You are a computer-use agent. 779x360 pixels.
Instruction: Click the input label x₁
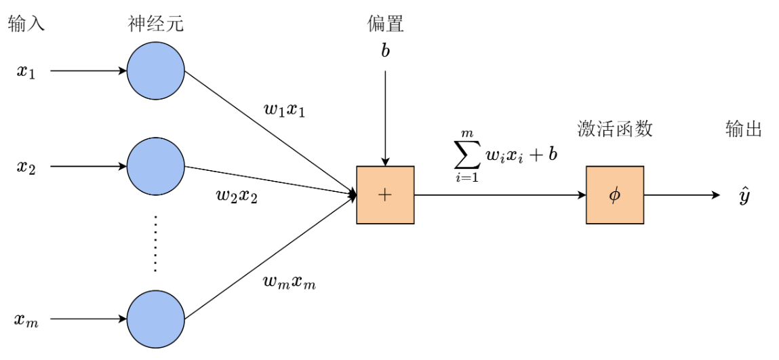(x=26, y=71)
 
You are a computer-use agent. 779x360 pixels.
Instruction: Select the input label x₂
(x=26, y=167)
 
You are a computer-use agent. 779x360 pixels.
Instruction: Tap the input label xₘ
(x=27, y=319)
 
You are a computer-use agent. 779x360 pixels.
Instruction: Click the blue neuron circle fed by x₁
(x=155, y=71)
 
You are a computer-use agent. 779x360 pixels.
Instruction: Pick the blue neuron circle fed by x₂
(x=155, y=167)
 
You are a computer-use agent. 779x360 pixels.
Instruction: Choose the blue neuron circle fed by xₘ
(x=155, y=319)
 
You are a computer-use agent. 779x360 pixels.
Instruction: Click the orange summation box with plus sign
(x=385, y=195)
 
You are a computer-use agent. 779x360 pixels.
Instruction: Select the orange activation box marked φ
(x=614, y=195)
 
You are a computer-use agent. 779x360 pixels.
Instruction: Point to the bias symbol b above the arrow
(x=385, y=52)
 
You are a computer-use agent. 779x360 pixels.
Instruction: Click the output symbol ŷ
(x=744, y=196)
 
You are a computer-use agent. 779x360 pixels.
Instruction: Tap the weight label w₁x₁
(x=284, y=109)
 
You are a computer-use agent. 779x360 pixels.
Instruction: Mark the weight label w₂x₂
(x=236, y=197)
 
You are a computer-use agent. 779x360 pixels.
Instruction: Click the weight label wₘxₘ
(x=289, y=282)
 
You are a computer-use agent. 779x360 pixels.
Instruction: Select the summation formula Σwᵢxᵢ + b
(x=505, y=155)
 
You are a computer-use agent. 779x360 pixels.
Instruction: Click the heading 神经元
(x=156, y=25)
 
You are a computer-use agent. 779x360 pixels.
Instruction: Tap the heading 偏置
(x=385, y=25)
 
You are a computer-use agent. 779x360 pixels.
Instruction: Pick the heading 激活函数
(x=614, y=129)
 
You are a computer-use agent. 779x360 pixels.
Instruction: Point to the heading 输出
(x=744, y=129)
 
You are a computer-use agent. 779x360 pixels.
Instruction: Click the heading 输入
(x=26, y=25)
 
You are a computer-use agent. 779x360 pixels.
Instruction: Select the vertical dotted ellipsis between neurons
(x=155, y=243)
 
